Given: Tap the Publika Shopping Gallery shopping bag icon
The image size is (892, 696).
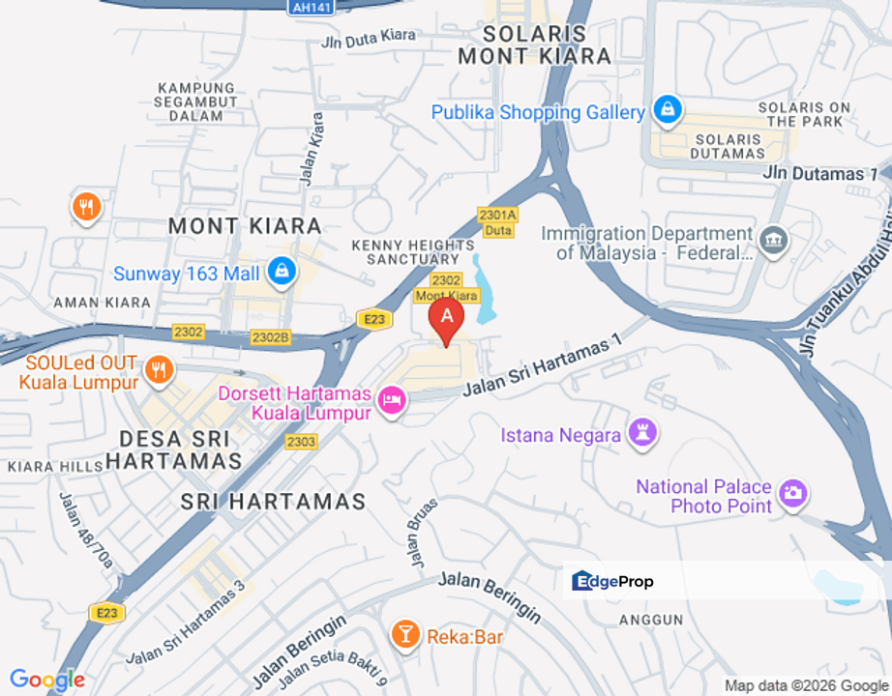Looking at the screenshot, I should (668, 110).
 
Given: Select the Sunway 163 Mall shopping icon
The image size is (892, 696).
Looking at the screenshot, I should (282, 272).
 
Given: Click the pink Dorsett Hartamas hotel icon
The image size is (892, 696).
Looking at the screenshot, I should (392, 399).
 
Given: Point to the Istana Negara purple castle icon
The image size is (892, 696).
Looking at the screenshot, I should (642, 434).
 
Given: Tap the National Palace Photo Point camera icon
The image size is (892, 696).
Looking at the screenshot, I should (793, 493).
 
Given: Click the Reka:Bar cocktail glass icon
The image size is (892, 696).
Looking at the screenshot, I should (404, 634).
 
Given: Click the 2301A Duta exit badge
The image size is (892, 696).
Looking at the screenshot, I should (497, 222).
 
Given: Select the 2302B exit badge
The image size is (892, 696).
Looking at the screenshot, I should (270, 336).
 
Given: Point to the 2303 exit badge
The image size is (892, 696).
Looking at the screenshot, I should (301, 441).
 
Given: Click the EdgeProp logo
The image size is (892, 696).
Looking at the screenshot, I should (613, 581).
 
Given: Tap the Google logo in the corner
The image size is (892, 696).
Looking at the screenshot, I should (46, 680).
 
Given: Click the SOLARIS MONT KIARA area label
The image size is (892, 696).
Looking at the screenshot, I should (534, 44).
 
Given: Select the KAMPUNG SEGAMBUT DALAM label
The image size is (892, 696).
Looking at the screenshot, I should (196, 101).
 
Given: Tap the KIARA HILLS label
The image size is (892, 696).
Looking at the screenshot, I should (54, 467).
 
